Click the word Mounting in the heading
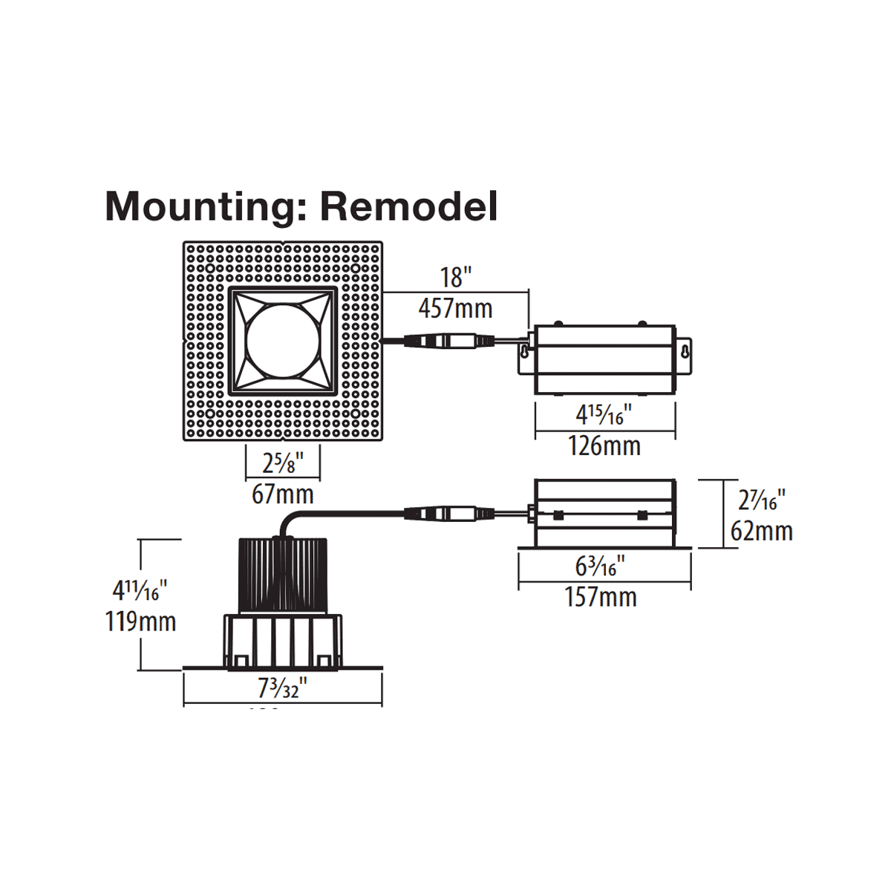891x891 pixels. coord(200,207)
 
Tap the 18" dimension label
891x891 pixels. coord(455,278)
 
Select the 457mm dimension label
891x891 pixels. coord(455,307)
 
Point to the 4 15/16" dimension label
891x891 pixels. coord(604,414)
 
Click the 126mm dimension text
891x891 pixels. coord(604,446)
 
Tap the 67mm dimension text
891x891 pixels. coord(283,494)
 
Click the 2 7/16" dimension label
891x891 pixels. coord(761,500)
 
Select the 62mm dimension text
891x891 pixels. coord(761,531)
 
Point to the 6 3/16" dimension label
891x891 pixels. coord(601,567)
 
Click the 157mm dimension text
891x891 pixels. coord(601,597)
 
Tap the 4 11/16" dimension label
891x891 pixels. coord(140,590)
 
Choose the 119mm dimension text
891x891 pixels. coord(140,621)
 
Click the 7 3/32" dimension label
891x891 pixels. coord(282,688)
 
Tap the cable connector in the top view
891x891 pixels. coord(448,341)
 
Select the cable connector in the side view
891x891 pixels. coord(448,513)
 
